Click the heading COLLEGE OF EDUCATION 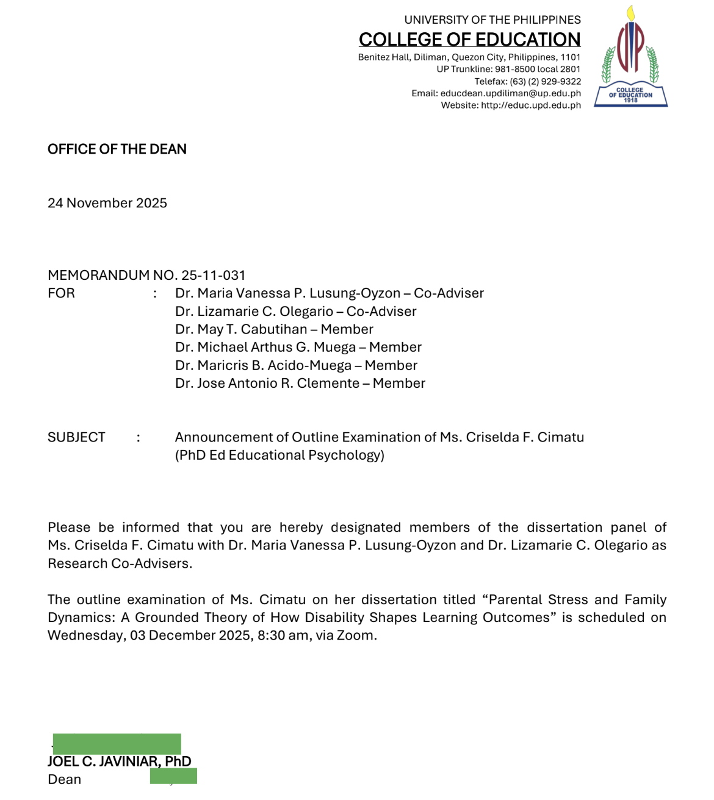469,40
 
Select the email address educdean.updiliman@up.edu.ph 510,93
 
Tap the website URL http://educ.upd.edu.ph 530,105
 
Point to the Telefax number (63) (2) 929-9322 545,81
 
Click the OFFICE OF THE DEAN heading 117,149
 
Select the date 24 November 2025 107,203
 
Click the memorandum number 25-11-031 213,275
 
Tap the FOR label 61,293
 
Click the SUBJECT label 76,437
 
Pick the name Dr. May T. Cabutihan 241,329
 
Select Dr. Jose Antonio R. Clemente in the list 267,384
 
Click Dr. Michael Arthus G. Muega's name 265,348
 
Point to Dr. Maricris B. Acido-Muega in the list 263,365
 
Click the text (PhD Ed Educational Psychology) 279,455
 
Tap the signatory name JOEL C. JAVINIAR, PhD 120,762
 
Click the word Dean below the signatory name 64,780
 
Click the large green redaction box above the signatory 117,744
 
